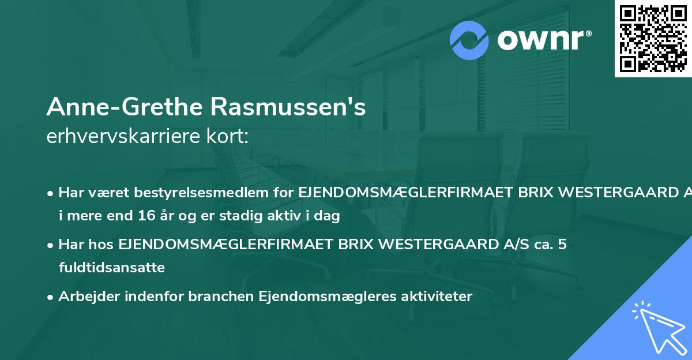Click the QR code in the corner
pos(652,38)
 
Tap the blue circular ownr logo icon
pos(469,40)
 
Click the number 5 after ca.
pos(562,245)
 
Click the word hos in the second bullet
pos(103,245)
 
